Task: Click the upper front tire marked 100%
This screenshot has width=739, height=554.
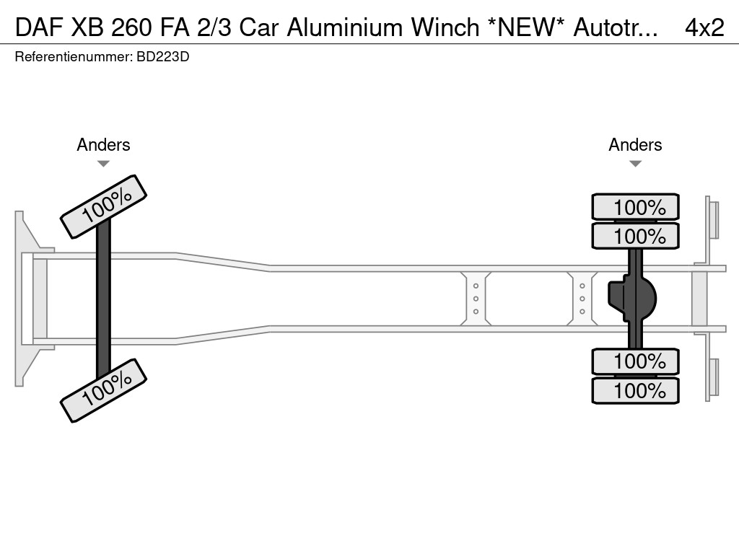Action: click(103, 206)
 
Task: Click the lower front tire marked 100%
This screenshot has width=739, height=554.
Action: click(103, 390)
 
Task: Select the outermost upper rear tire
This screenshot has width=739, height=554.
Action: click(635, 207)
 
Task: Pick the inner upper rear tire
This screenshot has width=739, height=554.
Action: click(635, 235)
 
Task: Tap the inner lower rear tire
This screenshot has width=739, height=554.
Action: click(635, 361)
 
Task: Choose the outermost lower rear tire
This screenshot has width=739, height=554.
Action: click(635, 390)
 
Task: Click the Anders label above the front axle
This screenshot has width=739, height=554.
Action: click(103, 145)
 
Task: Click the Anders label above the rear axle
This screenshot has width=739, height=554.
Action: click(635, 145)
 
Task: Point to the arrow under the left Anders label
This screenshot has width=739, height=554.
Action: click(103, 164)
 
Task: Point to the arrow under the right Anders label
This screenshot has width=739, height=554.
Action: click(635, 164)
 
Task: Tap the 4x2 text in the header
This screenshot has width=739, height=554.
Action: click(704, 27)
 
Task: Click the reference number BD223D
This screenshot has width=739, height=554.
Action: click(162, 56)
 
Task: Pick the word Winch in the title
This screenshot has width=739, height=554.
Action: click(445, 27)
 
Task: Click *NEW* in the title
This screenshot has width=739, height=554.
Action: click(525, 27)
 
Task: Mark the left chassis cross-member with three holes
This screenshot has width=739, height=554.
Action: click(476, 299)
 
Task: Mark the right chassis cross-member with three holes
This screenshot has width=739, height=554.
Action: click(582, 299)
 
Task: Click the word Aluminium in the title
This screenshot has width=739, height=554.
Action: click(346, 27)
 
